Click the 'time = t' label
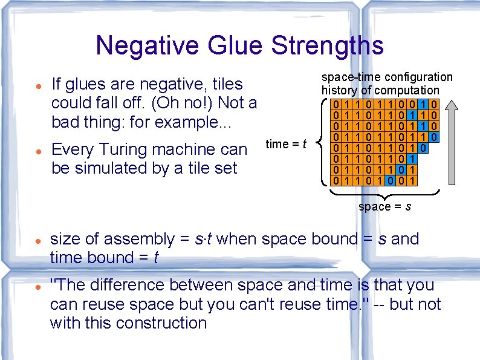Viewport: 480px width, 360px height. point(286,144)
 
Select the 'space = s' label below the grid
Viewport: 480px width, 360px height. point(384,207)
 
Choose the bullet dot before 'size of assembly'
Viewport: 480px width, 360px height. point(37,240)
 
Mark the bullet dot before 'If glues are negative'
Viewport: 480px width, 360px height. point(37,85)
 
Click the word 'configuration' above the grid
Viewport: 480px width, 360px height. point(418,77)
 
